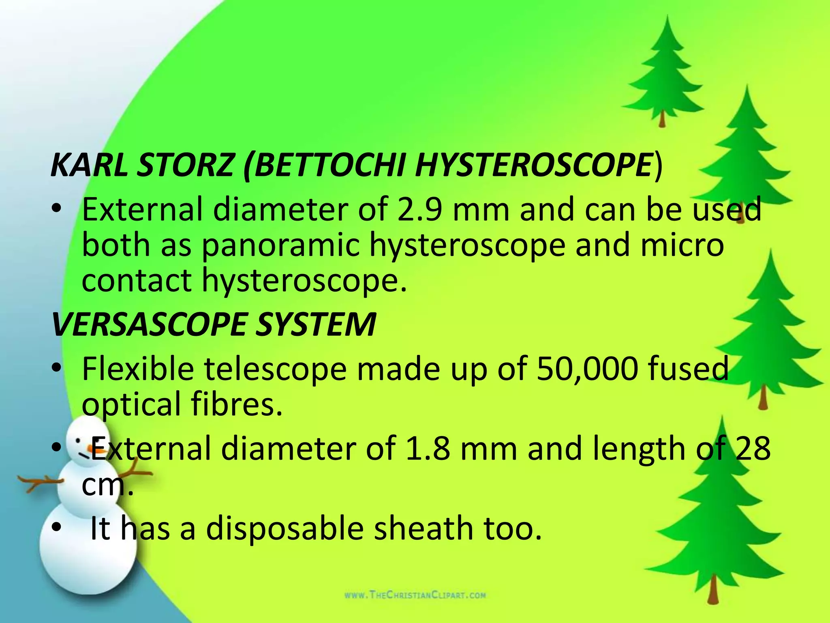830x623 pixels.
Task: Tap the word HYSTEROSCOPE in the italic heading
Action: (x=535, y=165)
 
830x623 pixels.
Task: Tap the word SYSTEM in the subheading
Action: (x=316, y=324)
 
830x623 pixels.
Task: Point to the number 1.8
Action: (x=427, y=449)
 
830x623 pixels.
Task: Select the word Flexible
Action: (x=138, y=369)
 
